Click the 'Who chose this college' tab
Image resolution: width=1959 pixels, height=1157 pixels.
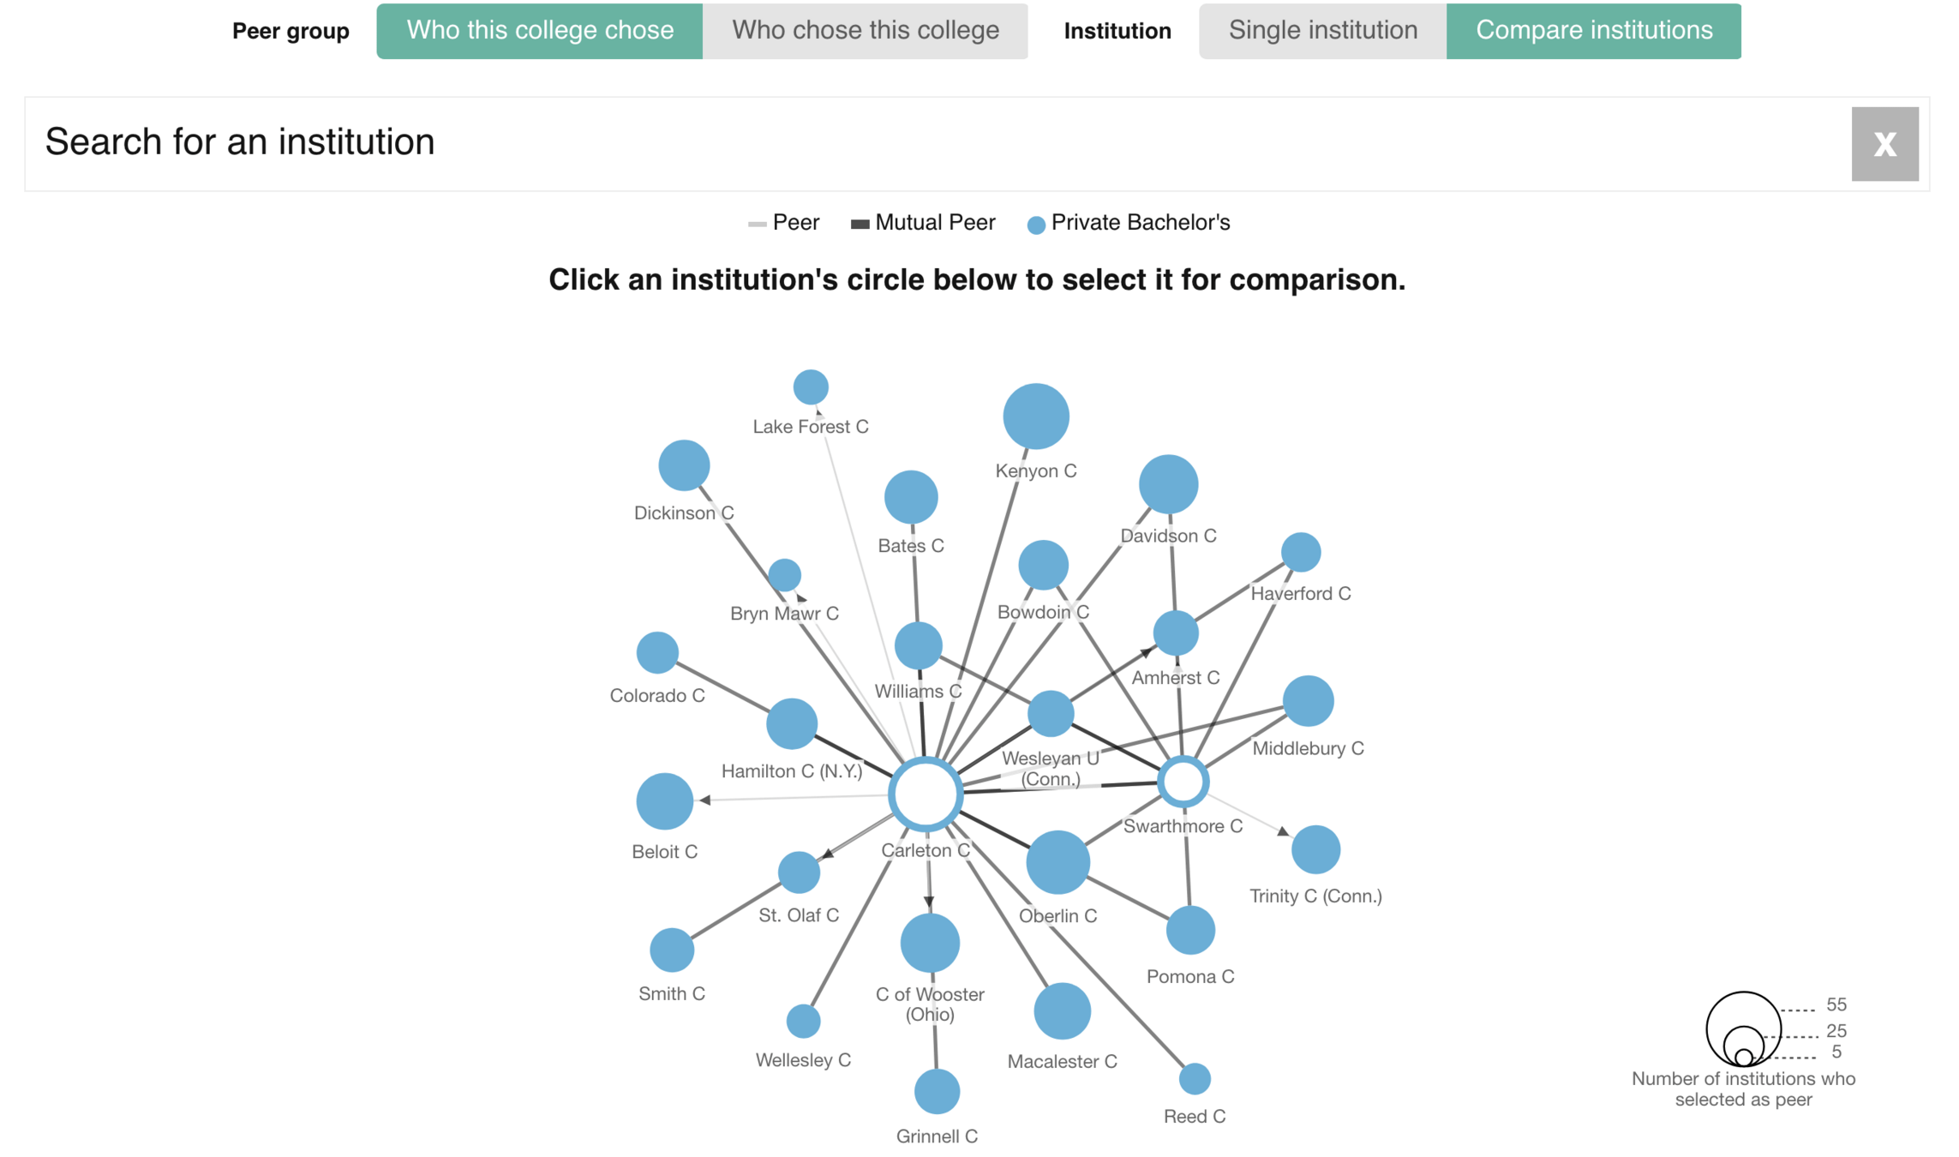pos(865,31)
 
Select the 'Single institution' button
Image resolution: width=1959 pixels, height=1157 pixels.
pos(1322,31)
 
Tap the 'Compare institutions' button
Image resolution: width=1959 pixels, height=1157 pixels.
pos(1593,31)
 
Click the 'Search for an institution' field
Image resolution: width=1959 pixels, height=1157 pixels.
pos(934,142)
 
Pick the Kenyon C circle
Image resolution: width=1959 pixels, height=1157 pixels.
pos(1036,417)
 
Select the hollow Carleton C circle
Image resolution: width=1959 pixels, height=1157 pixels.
pos(926,794)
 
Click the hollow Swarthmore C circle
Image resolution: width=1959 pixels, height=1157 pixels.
pos(1183,782)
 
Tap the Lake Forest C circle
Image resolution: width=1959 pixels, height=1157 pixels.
pos(811,387)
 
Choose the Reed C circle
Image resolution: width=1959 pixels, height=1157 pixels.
pos(1195,1079)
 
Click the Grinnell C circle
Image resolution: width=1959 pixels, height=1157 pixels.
pos(937,1092)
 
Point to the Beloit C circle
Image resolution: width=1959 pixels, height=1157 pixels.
pos(664,801)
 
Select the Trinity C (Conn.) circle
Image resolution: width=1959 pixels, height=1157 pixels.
pos(1315,849)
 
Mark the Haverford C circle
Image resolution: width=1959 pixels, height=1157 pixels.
pos(1301,552)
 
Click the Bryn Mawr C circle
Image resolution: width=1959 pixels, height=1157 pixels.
pos(784,575)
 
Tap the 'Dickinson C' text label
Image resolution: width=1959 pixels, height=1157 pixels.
pos(684,513)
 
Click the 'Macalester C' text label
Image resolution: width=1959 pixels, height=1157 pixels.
pos(1062,1062)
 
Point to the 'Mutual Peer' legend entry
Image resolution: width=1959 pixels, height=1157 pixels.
pos(923,223)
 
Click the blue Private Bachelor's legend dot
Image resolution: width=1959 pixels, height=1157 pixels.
pos(1036,225)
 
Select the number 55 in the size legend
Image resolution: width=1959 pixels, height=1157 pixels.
pos(1836,1004)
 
